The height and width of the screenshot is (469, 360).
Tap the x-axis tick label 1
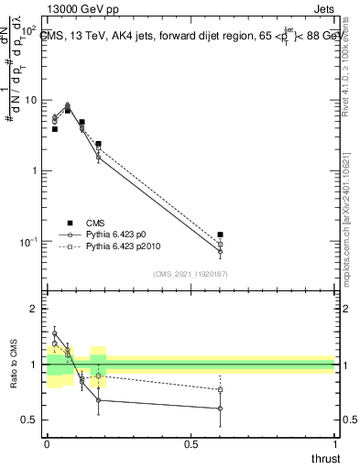tap(334, 444)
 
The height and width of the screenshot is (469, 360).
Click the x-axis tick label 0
tap(47, 444)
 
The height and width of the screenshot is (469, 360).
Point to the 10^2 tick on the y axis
tap(28, 30)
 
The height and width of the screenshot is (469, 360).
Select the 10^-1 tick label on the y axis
tap(28, 242)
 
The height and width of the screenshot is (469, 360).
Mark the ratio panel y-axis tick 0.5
tap(31, 420)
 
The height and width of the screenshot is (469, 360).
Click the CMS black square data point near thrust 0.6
tap(220, 235)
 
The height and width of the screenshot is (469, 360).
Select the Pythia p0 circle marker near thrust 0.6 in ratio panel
tap(220, 409)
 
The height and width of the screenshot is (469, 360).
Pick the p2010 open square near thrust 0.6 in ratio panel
tap(220, 389)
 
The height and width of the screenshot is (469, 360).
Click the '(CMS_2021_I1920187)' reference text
tap(191, 274)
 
